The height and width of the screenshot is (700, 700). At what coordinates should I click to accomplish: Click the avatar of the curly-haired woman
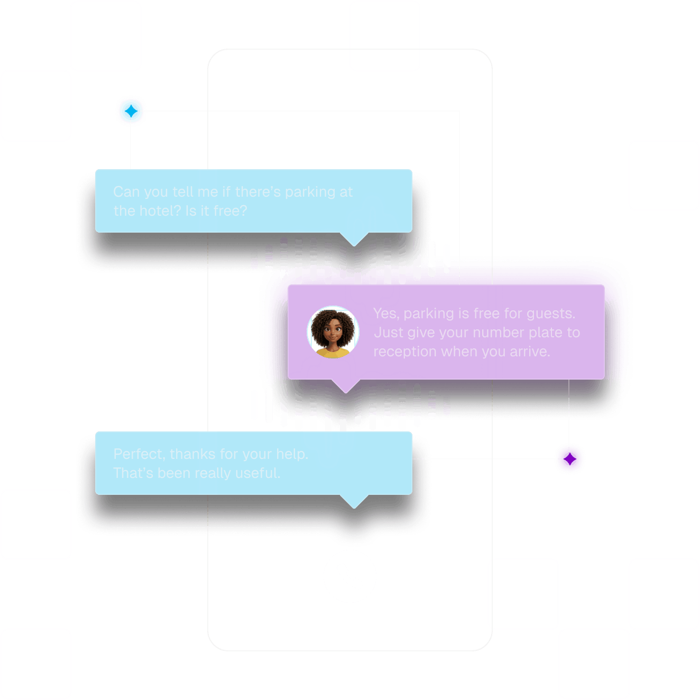click(333, 332)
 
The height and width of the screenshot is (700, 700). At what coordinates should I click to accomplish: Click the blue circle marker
click(131, 111)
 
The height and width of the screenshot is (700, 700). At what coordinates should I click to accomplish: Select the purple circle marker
click(569, 458)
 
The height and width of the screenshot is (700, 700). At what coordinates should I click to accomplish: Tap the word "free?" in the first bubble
click(230, 211)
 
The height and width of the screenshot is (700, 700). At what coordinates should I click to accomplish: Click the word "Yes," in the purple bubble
click(386, 314)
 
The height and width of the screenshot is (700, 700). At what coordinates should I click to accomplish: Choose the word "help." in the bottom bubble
click(292, 454)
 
